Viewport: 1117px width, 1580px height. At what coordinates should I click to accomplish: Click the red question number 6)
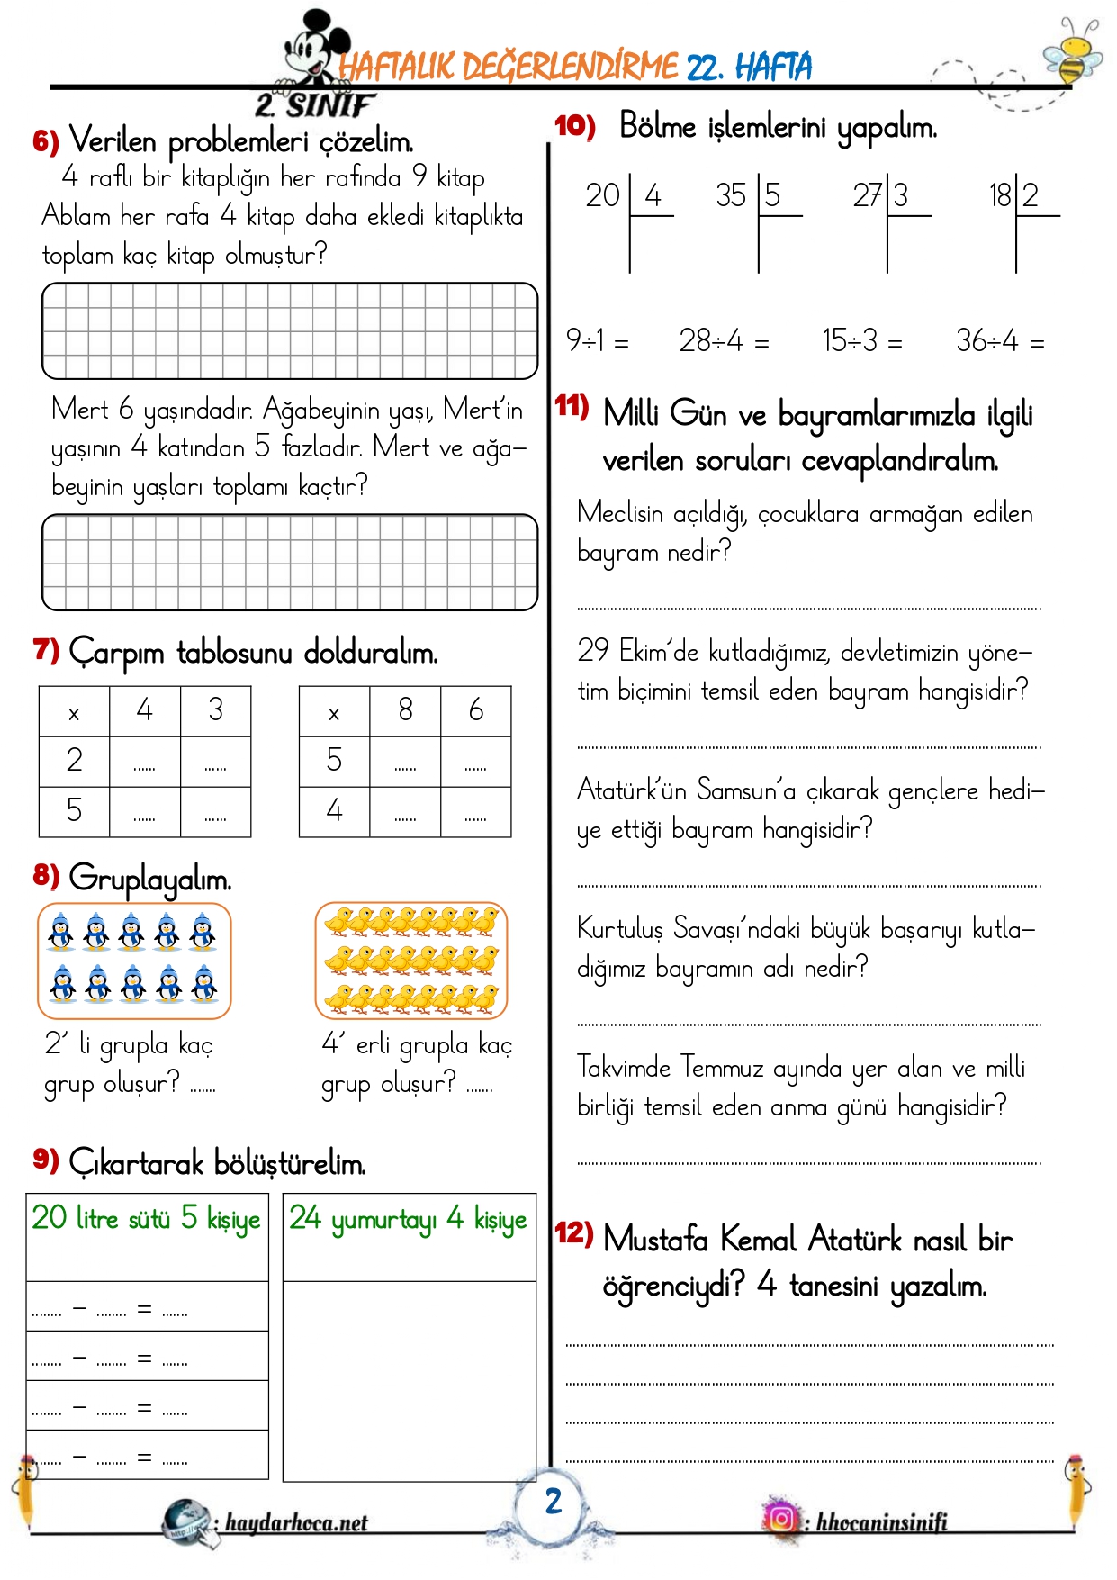46,141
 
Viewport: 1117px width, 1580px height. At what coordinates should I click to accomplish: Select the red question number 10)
574,126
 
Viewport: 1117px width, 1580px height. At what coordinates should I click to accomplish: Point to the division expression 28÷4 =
724,341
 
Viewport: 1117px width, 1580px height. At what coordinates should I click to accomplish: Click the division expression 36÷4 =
999,341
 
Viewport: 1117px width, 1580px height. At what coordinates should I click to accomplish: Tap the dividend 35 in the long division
731,195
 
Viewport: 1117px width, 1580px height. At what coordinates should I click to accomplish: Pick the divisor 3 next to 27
900,195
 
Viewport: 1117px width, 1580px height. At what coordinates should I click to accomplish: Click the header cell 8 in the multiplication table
405,710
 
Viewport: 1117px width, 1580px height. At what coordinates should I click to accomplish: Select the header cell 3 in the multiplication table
215,710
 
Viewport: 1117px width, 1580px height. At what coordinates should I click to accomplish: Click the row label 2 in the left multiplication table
74,760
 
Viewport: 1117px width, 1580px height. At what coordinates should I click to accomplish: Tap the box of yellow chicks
411,961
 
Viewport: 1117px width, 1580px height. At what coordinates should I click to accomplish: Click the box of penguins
134,961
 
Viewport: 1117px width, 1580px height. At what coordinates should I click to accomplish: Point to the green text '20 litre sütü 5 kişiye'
146,1219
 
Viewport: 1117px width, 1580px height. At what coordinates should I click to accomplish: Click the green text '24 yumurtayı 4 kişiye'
408,1219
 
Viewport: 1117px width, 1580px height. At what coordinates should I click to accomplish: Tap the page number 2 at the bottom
553,1501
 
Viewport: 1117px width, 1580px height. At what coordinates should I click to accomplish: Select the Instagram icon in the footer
781,1519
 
